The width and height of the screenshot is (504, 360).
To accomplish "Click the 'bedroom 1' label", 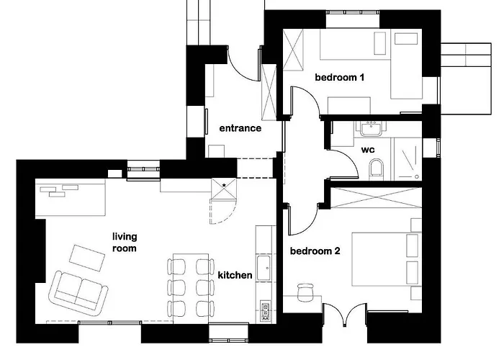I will (x=339, y=77).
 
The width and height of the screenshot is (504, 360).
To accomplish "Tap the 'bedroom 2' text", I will (x=315, y=251).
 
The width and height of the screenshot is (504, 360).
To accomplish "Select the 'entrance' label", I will (x=240, y=129).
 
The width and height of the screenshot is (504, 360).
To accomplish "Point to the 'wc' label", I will (x=367, y=151).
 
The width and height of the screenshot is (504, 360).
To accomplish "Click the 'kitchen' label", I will (x=235, y=275).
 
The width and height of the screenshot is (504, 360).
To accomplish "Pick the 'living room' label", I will (x=125, y=242).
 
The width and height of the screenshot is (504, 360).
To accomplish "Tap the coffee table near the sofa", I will (x=87, y=257).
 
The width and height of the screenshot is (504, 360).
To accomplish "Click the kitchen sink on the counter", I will (x=264, y=269).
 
